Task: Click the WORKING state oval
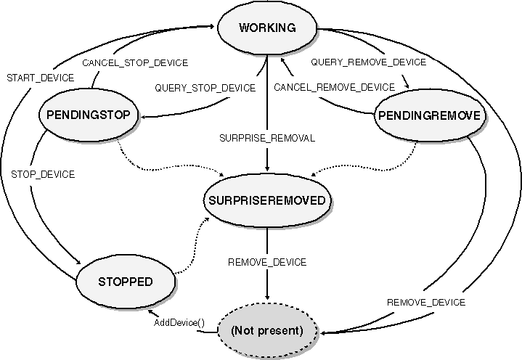click(x=267, y=28)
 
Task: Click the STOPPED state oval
click(x=126, y=280)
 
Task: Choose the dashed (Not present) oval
click(x=266, y=330)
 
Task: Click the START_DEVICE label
click(x=39, y=76)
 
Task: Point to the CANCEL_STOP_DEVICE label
click(x=135, y=62)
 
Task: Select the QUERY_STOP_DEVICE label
click(x=205, y=88)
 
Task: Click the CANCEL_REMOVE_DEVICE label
click(x=335, y=88)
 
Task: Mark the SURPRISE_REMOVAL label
click(x=268, y=138)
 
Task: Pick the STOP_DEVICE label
click(x=43, y=174)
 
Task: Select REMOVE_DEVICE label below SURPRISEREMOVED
click(x=267, y=262)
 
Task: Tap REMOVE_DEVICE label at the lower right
click(x=426, y=302)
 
